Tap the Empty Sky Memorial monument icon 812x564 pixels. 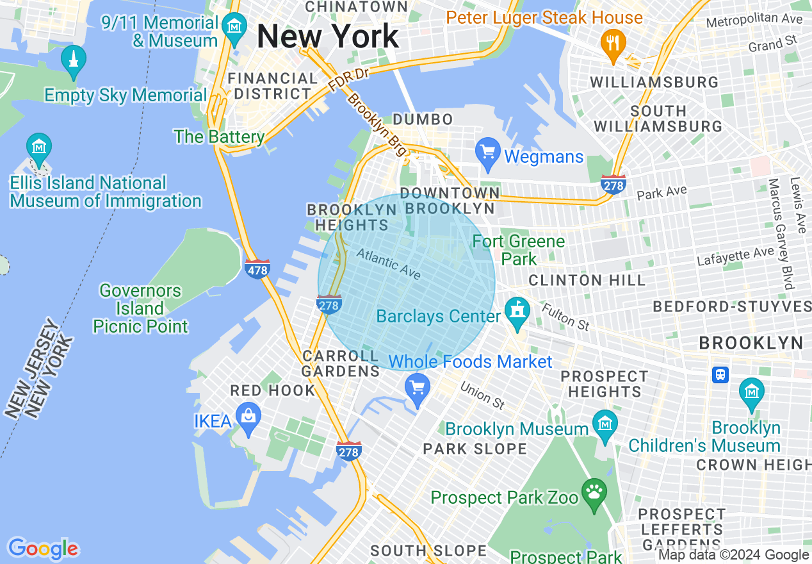coord(74,60)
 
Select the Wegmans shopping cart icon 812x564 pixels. coord(488,153)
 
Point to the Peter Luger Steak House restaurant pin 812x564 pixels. coord(613,44)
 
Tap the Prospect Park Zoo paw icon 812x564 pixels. coord(594,493)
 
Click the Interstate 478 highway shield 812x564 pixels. coord(257,269)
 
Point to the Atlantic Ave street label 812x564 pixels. coord(389,263)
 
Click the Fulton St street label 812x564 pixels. coord(565,317)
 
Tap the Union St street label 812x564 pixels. coord(483,396)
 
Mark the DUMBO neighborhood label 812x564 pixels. coord(423,119)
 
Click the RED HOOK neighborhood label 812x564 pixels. coord(273,390)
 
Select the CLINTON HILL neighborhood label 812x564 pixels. coord(587,281)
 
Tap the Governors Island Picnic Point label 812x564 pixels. coord(141,308)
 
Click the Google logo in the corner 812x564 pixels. coord(43,549)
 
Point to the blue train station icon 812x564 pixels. coord(720,374)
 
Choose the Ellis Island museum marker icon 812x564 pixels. coord(40,147)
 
